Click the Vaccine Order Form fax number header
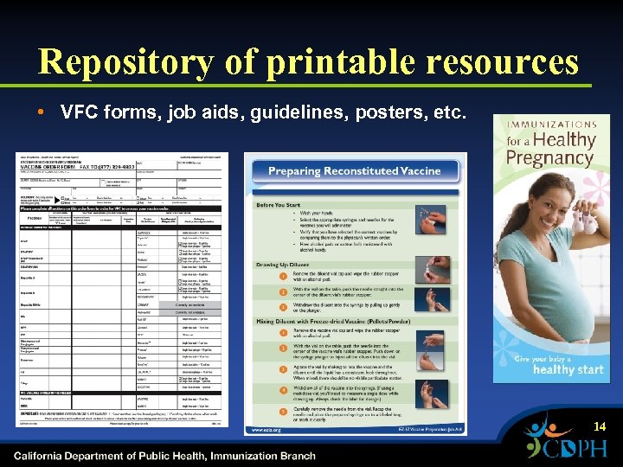point(108,165)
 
